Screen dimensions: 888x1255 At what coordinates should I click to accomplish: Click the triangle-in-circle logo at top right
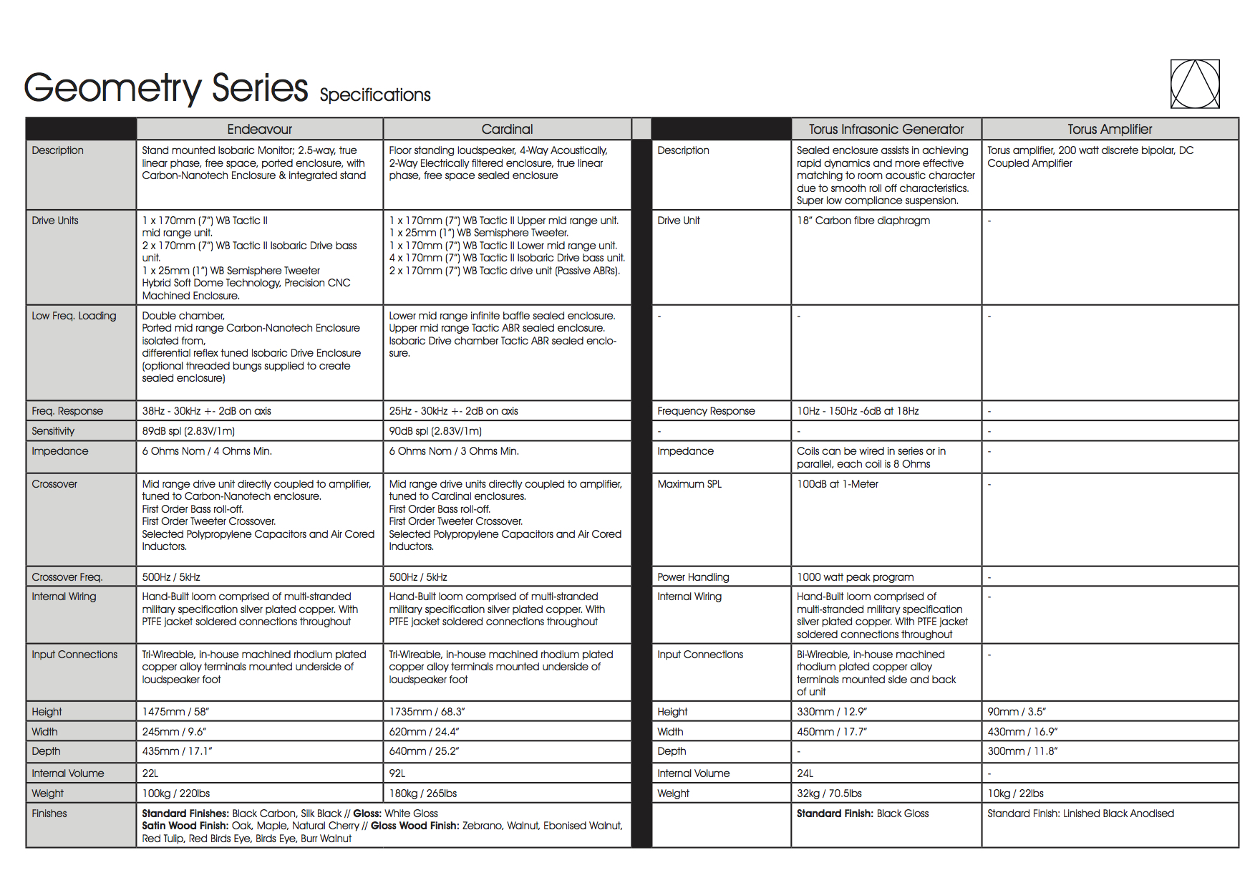click(1194, 85)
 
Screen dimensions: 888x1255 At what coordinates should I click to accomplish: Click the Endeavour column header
click(259, 129)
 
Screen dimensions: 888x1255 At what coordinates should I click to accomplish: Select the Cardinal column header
click(507, 129)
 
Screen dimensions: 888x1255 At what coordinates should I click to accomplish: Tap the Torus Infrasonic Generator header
click(886, 129)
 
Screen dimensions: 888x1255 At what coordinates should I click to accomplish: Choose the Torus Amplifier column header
click(1110, 129)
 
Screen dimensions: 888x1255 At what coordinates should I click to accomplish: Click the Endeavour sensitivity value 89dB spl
click(188, 431)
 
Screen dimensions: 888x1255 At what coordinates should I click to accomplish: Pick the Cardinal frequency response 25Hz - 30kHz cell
click(453, 411)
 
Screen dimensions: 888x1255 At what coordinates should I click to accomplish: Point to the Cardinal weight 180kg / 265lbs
click(422, 793)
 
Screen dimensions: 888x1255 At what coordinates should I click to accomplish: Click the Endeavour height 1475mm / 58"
click(175, 712)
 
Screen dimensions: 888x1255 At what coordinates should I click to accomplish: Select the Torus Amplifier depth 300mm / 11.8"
click(1022, 751)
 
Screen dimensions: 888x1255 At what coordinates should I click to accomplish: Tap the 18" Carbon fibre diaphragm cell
click(863, 221)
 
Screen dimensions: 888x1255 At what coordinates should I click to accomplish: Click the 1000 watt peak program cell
click(855, 577)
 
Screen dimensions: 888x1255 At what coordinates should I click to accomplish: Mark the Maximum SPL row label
click(689, 484)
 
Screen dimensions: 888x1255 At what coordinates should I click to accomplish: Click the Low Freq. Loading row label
click(74, 316)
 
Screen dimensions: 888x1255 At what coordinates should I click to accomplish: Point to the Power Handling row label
click(693, 577)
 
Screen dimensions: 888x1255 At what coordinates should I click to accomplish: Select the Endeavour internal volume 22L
click(150, 773)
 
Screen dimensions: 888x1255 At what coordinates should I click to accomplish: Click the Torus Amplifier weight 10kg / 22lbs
click(1015, 793)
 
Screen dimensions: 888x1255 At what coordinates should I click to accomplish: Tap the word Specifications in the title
click(375, 95)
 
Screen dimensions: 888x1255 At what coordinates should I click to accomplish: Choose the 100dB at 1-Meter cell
click(838, 484)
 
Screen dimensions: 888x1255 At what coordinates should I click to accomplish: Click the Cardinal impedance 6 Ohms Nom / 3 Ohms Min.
click(454, 451)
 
